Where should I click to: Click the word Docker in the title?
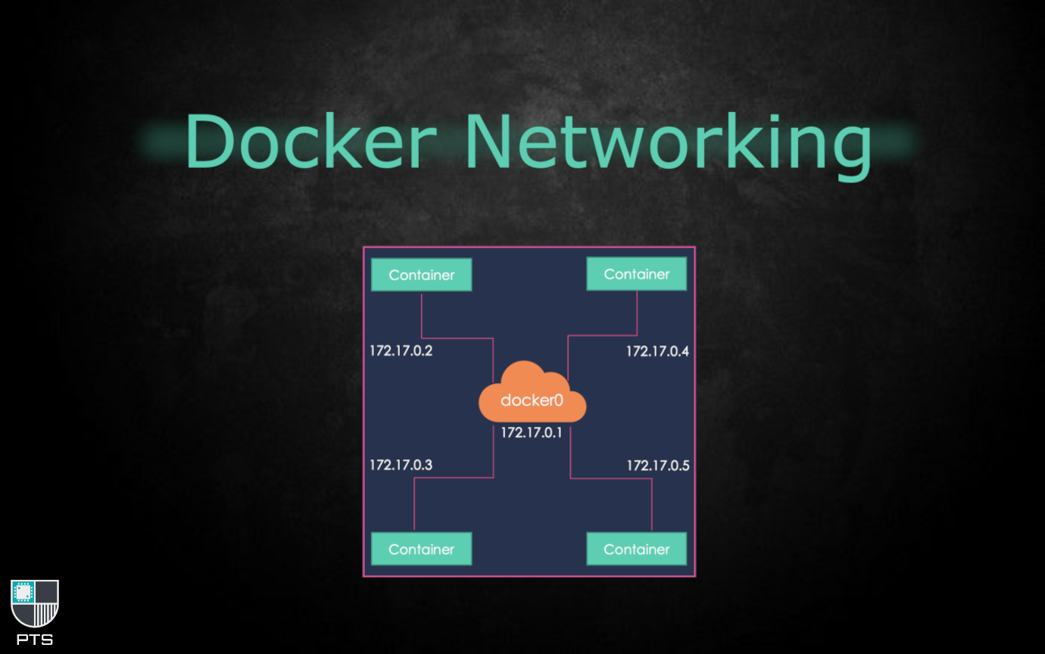pyautogui.click(x=310, y=142)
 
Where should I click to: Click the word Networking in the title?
pyautogui.click(x=666, y=144)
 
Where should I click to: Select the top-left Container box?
pyautogui.click(x=421, y=275)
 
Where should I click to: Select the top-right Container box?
pyautogui.click(x=637, y=274)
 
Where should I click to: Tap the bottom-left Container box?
pyautogui.click(x=421, y=550)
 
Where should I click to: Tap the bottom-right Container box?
pyautogui.click(x=637, y=550)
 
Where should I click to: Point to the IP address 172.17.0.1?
pyautogui.click(x=532, y=433)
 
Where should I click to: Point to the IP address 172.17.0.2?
pyautogui.click(x=401, y=351)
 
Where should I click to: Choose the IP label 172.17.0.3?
pyautogui.click(x=401, y=465)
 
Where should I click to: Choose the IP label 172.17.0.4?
pyautogui.click(x=657, y=351)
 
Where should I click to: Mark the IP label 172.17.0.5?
pyautogui.click(x=657, y=466)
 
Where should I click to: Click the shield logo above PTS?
pyautogui.click(x=35, y=603)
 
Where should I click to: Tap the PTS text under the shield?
pyautogui.click(x=35, y=640)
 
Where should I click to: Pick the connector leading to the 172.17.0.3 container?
pyautogui.click(x=454, y=478)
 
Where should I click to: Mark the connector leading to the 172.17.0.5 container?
pyautogui.click(x=610, y=478)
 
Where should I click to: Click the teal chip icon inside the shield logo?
pyautogui.click(x=23, y=592)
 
